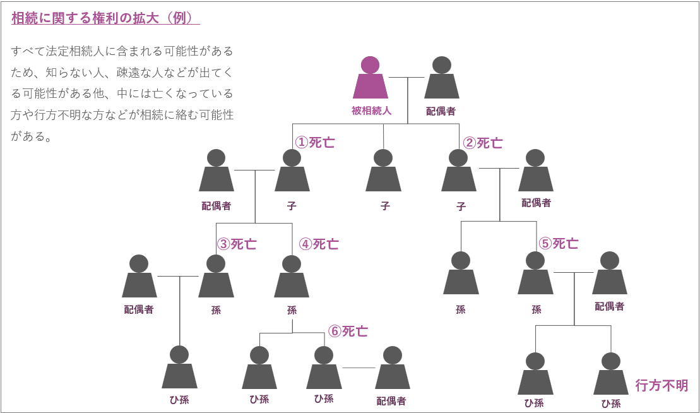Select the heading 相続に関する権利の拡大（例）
[x=105, y=18]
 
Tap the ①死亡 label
[x=315, y=142]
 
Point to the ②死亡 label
[x=483, y=143]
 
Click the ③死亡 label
[x=237, y=244]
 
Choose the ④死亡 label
[x=319, y=244]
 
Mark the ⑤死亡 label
[x=559, y=243]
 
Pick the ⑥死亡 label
[x=348, y=331]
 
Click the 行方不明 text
[x=661, y=385]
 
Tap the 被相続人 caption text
[x=372, y=111]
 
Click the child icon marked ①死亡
[x=292, y=172]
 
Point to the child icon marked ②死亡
[x=459, y=172]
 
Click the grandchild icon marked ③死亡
[x=216, y=278]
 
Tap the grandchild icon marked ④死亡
[x=292, y=278]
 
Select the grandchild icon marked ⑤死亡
[x=535, y=275]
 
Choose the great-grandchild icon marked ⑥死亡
[x=324, y=369]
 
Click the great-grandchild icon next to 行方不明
[x=610, y=375]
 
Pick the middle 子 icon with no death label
[x=383, y=172]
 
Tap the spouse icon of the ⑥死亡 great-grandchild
[x=392, y=369]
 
